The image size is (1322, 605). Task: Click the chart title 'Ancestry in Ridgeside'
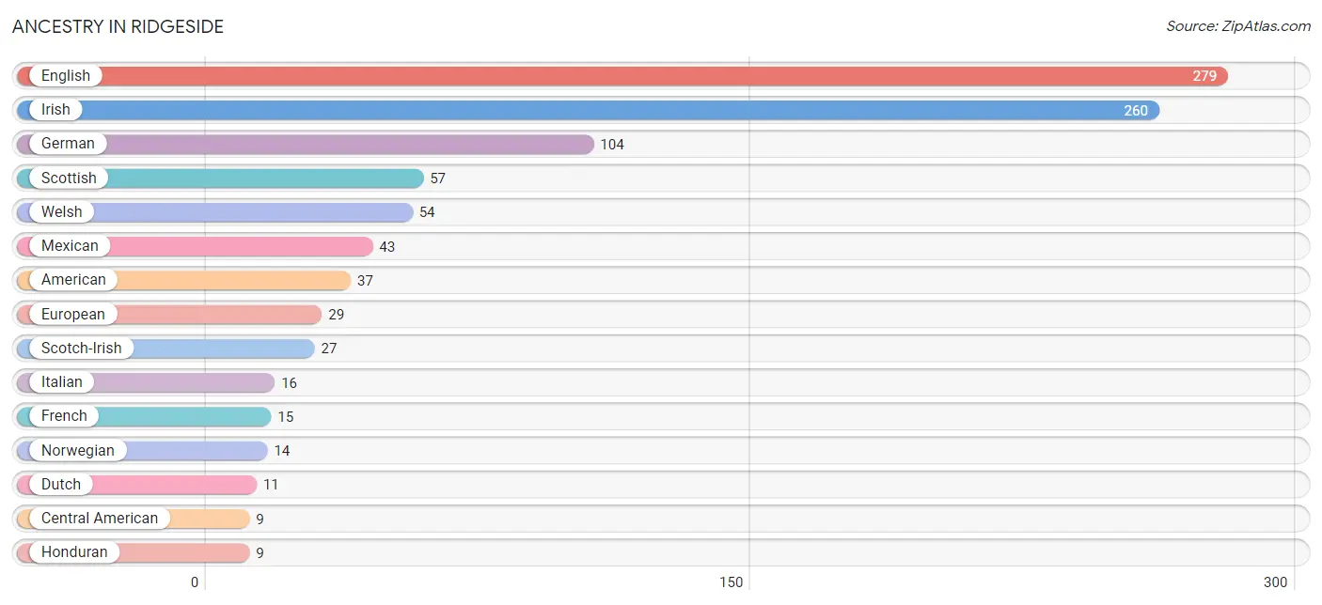click(x=118, y=26)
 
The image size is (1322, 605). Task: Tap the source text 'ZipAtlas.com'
click(x=1266, y=26)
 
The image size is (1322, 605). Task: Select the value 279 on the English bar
click(x=1204, y=76)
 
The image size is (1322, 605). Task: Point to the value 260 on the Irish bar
click(x=1136, y=110)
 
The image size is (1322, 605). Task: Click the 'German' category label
click(x=68, y=144)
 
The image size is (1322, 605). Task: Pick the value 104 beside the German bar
click(x=612, y=145)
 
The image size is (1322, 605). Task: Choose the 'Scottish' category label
click(x=69, y=178)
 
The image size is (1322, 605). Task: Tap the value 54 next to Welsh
click(x=427, y=212)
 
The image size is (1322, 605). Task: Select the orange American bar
click(x=183, y=280)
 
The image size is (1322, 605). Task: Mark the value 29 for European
click(x=336, y=315)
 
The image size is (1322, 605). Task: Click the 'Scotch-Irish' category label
click(x=82, y=348)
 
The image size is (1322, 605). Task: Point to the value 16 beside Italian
click(x=289, y=383)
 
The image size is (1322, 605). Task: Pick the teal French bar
click(x=144, y=416)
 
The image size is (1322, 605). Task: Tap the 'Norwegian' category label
click(x=78, y=451)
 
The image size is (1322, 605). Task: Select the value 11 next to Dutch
click(x=270, y=485)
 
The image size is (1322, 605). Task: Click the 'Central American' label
click(x=100, y=519)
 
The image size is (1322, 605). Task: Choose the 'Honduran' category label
click(x=74, y=552)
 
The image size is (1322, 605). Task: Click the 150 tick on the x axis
click(x=731, y=582)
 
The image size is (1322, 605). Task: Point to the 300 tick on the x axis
click(x=1275, y=582)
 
